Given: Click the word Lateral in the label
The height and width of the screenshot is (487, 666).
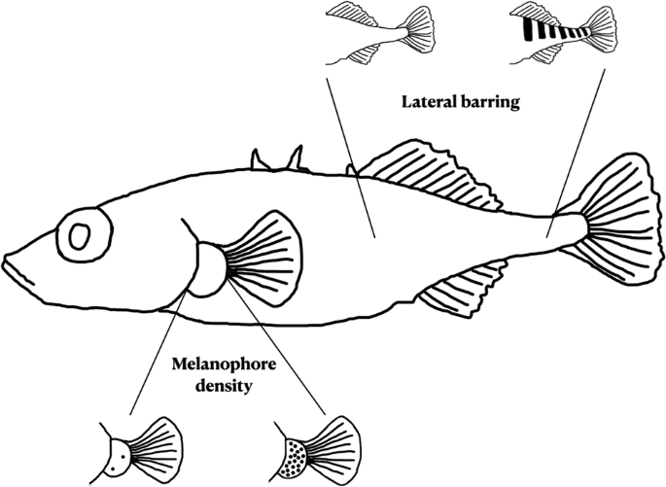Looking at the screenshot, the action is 426,101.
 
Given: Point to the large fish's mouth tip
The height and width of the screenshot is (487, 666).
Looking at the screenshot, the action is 8,261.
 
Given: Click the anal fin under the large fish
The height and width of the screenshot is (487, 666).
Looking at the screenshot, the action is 468,291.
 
